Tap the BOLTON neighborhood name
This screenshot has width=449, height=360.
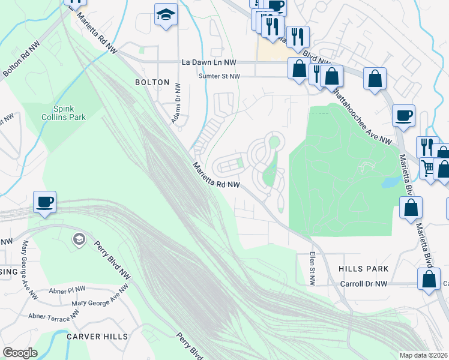148,82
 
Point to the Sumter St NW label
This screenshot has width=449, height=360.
219,76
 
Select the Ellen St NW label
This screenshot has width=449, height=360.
313,264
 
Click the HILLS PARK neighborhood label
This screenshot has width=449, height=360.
363,269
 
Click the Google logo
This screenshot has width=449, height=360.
20,352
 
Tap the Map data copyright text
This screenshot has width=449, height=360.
424,355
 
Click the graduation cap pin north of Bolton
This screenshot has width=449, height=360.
165,15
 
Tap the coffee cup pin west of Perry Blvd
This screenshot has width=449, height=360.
45,202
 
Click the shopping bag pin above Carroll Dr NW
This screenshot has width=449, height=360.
429,280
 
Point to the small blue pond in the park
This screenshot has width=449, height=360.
390,181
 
